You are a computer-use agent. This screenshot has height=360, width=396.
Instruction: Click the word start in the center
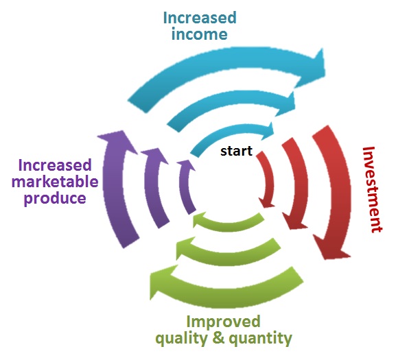pyautogui.click(x=236, y=151)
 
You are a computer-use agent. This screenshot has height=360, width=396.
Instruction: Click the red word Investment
pyautogui.click(x=372, y=189)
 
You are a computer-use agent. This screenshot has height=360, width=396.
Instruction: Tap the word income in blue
pyautogui.click(x=199, y=34)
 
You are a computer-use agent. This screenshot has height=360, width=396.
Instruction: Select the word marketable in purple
pyautogui.click(x=55, y=182)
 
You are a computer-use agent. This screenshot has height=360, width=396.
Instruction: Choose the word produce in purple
pyautogui.click(x=55, y=199)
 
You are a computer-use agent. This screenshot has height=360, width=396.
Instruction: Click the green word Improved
pyautogui.click(x=223, y=322)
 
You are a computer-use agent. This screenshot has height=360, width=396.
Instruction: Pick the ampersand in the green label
pyautogui.click(x=218, y=338)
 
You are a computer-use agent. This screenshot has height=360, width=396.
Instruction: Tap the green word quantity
pyautogui.click(x=260, y=339)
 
